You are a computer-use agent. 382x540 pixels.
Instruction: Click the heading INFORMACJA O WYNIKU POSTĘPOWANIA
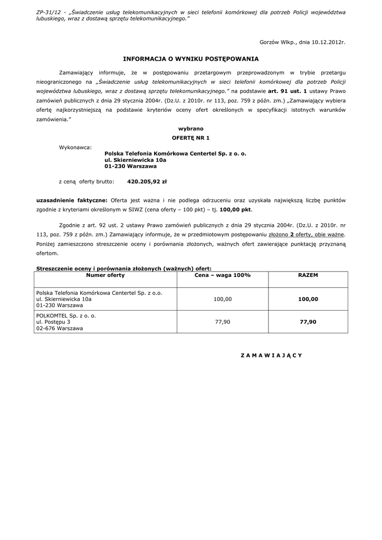click(191, 60)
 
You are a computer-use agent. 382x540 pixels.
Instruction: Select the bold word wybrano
click(190, 129)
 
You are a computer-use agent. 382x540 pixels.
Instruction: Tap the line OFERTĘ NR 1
click(190, 138)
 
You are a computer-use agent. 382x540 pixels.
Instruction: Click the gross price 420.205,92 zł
click(147, 181)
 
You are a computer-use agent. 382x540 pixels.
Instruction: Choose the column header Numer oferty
click(105, 276)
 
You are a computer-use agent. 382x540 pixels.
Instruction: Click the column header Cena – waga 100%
click(222, 276)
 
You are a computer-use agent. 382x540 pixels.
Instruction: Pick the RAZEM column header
click(308, 276)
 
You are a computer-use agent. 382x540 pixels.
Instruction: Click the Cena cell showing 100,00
click(222, 299)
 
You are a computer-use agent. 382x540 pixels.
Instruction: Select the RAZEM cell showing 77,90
click(308, 322)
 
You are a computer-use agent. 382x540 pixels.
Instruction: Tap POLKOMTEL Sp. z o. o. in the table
click(66, 315)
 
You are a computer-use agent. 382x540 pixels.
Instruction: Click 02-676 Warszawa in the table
click(59, 329)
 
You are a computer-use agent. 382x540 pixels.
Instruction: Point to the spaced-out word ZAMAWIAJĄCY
click(271, 355)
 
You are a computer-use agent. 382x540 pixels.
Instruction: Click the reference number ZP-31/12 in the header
click(48, 12)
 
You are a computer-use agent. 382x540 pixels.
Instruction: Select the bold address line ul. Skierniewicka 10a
click(135, 159)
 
